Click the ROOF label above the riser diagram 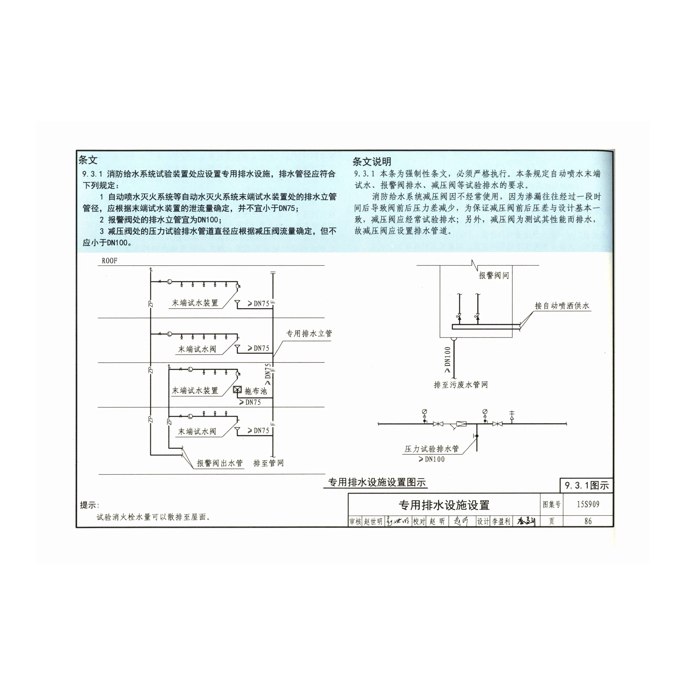(x=109, y=261)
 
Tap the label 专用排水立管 (x=309, y=333)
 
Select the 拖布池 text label (x=256, y=391)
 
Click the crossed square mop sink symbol (x=237, y=390)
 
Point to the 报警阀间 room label (x=494, y=275)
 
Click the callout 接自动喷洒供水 (x=562, y=306)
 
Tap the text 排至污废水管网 (x=461, y=384)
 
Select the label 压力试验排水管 (x=431, y=449)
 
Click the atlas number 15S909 (x=588, y=504)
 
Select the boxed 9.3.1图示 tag (x=587, y=485)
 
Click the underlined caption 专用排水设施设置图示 (x=377, y=482)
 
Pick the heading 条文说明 (x=372, y=162)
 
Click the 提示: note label (x=89, y=505)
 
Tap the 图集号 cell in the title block (x=551, y=504)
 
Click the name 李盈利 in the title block (x=501, y=521)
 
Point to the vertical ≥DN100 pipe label (x=447, y=360)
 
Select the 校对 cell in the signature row (x=420, y=521)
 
